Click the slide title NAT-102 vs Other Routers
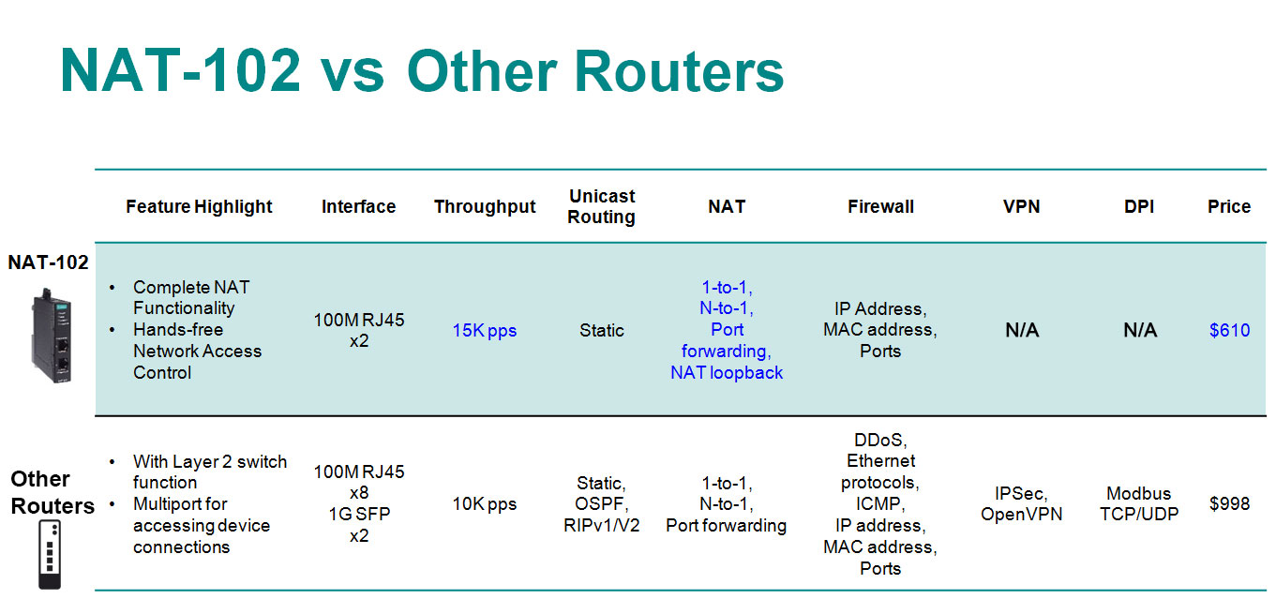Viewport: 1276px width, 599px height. coord(422,71)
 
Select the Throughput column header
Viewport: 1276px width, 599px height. coord(485,206)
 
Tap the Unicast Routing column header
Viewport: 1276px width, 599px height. coord(602,206)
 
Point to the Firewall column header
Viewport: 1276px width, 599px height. coord(880,206)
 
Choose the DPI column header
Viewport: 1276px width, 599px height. coord(1139,206)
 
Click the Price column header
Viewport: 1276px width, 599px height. coord(1229,206)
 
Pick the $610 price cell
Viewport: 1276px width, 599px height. coord(1230,330)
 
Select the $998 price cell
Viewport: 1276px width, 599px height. coord(1230,503)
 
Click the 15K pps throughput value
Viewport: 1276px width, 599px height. coord(485,331)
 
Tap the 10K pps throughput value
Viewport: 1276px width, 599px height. coord(485,504)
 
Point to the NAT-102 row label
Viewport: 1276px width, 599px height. coord(49,262)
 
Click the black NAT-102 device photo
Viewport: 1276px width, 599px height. coord(52,336)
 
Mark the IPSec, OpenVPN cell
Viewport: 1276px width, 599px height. coord(1021,504)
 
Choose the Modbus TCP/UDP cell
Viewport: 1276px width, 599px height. coord(1139,504)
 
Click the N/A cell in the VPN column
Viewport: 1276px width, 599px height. coord(1022,330)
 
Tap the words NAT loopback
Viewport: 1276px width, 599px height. coord(727,373)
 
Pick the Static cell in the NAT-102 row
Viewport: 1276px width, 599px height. coord(602,330)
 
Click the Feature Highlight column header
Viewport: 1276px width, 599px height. coord(199,206)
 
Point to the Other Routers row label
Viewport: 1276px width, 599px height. coord(53,492)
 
